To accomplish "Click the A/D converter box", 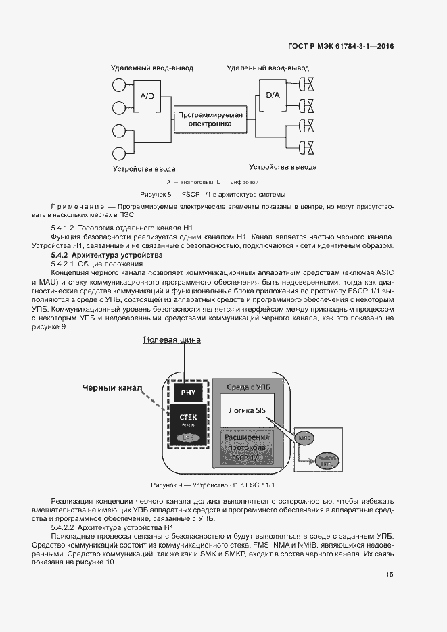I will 147,97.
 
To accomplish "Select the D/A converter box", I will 273,95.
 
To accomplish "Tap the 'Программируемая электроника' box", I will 210,120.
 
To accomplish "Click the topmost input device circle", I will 120,85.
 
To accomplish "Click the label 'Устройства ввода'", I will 145,168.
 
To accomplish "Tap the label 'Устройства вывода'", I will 283,167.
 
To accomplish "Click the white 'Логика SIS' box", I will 247,410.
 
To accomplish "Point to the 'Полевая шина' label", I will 172,340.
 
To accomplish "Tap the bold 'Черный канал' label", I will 112,387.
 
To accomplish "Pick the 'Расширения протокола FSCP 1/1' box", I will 247,447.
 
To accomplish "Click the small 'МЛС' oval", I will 304,437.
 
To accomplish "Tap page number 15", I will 390,575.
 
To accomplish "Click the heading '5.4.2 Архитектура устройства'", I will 107,256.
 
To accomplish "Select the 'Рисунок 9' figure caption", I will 213,485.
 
